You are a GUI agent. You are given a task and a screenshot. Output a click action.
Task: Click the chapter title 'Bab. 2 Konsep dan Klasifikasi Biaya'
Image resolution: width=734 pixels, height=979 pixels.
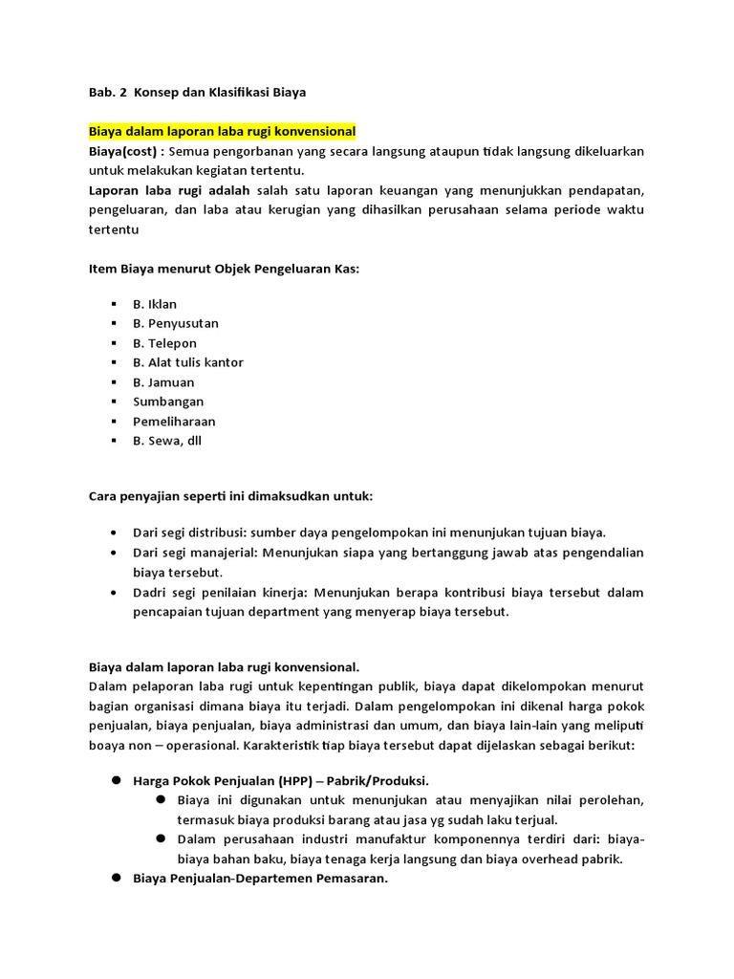197,92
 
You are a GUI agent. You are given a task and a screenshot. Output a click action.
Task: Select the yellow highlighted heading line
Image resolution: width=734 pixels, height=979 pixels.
222,131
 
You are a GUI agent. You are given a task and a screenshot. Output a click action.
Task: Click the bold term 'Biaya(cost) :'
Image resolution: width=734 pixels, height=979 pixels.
126,151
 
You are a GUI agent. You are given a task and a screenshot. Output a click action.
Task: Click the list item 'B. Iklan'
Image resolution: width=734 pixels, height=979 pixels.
155,304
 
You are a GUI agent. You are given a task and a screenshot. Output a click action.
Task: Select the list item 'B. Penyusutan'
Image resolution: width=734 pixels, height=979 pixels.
176,323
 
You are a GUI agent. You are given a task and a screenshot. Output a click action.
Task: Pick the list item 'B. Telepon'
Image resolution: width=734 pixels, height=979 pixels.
164,343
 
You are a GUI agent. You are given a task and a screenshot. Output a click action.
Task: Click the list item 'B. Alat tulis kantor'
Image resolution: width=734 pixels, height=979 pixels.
188,362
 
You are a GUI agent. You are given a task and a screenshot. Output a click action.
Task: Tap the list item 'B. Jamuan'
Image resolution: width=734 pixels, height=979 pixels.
163,382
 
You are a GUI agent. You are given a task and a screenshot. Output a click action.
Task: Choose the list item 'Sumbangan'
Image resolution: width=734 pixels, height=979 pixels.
168,402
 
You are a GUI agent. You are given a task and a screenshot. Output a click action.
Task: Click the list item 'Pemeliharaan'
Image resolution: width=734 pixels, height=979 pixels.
174,422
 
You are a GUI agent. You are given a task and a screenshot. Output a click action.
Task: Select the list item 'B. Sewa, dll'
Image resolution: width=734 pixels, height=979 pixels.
167,441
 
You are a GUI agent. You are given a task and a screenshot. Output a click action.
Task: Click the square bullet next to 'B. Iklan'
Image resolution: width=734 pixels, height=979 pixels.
114,304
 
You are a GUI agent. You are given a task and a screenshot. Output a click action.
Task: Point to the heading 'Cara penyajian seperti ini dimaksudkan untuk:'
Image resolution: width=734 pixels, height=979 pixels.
230,497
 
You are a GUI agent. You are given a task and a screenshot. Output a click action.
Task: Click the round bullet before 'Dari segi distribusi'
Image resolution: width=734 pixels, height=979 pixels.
114,533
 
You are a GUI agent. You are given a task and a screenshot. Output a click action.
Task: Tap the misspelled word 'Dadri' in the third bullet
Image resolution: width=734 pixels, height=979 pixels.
150,593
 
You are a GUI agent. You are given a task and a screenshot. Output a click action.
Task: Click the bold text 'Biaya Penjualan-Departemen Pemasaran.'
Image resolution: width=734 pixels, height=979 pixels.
260,879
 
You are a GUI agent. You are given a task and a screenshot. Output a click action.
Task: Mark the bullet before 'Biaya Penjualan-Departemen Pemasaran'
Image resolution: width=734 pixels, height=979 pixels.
114,878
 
